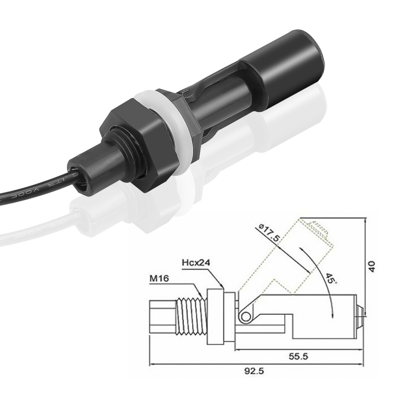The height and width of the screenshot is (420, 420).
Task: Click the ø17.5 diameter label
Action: pyautogui.click(x=269, y=233)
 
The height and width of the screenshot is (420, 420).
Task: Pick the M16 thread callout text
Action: pyautogui.click(x=159, y=278)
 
